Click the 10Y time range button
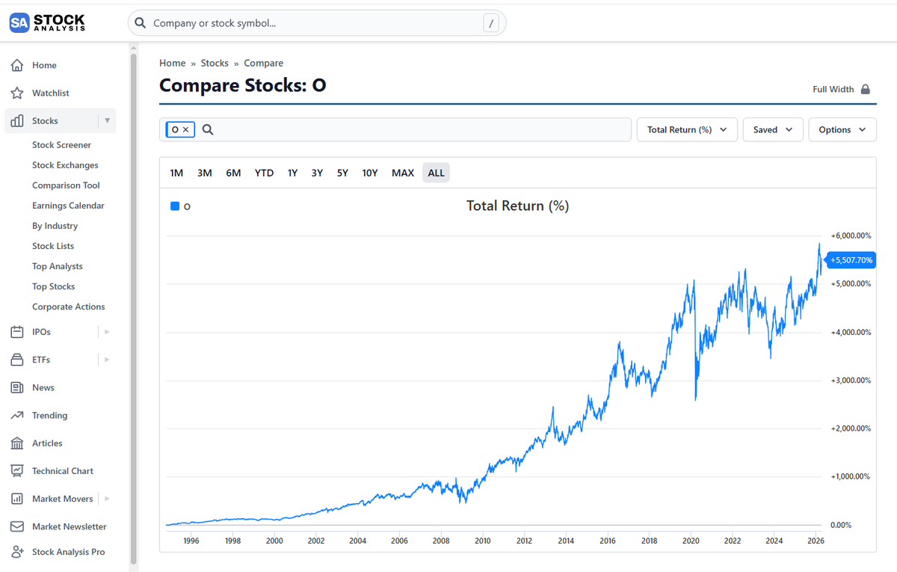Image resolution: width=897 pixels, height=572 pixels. [369, 173]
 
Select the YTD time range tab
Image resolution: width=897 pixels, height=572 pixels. [264, 173]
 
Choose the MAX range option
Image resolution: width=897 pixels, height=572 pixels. [402, 173]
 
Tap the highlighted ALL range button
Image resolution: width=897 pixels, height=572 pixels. [436, 173]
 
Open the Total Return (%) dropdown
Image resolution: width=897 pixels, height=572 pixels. [687, 130]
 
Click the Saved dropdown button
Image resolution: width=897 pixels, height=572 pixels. [773, 130]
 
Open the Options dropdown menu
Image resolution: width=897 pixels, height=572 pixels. [842, 130]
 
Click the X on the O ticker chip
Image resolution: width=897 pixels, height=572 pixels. [186, 130]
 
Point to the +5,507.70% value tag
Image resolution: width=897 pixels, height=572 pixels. [851, 260]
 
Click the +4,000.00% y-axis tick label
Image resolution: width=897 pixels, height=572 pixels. [851, 332]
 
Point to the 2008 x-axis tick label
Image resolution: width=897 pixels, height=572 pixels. [441, 541]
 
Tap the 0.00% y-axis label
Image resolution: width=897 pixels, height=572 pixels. [840, 525]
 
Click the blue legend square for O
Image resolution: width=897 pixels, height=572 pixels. [175, 206]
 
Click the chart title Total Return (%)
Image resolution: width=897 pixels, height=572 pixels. [517, 206]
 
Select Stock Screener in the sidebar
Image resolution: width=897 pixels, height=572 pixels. [61, 145]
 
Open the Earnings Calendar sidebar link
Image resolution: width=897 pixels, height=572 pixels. [68, 206]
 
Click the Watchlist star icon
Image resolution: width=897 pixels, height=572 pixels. [16, 93]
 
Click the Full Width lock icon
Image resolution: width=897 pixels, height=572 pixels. [866, 89]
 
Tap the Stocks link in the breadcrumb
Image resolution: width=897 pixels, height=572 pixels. [215, 64]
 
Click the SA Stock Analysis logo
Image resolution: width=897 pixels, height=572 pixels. [47, 23]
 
